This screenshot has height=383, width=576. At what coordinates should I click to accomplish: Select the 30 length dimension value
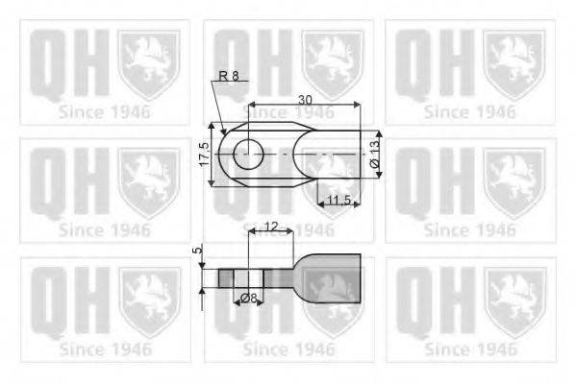pyautogui.click(x=305, y=98)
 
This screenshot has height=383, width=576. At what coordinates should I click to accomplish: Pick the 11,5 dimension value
pyautogui.click(x=338, y=200)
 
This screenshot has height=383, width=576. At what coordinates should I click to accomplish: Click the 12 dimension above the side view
pyautogui.click(x=270, y=227)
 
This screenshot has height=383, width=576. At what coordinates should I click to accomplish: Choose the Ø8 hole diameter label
pyautogui.click(x=248, y=299)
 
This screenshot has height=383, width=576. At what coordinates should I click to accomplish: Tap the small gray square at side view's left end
pyautogui.click(x=226, y=278)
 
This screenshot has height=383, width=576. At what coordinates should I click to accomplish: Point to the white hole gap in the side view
pyautogui.click(x=248, y=278)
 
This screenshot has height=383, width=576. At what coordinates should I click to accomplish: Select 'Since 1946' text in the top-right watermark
pyautogui.click(x=469, y=111)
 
